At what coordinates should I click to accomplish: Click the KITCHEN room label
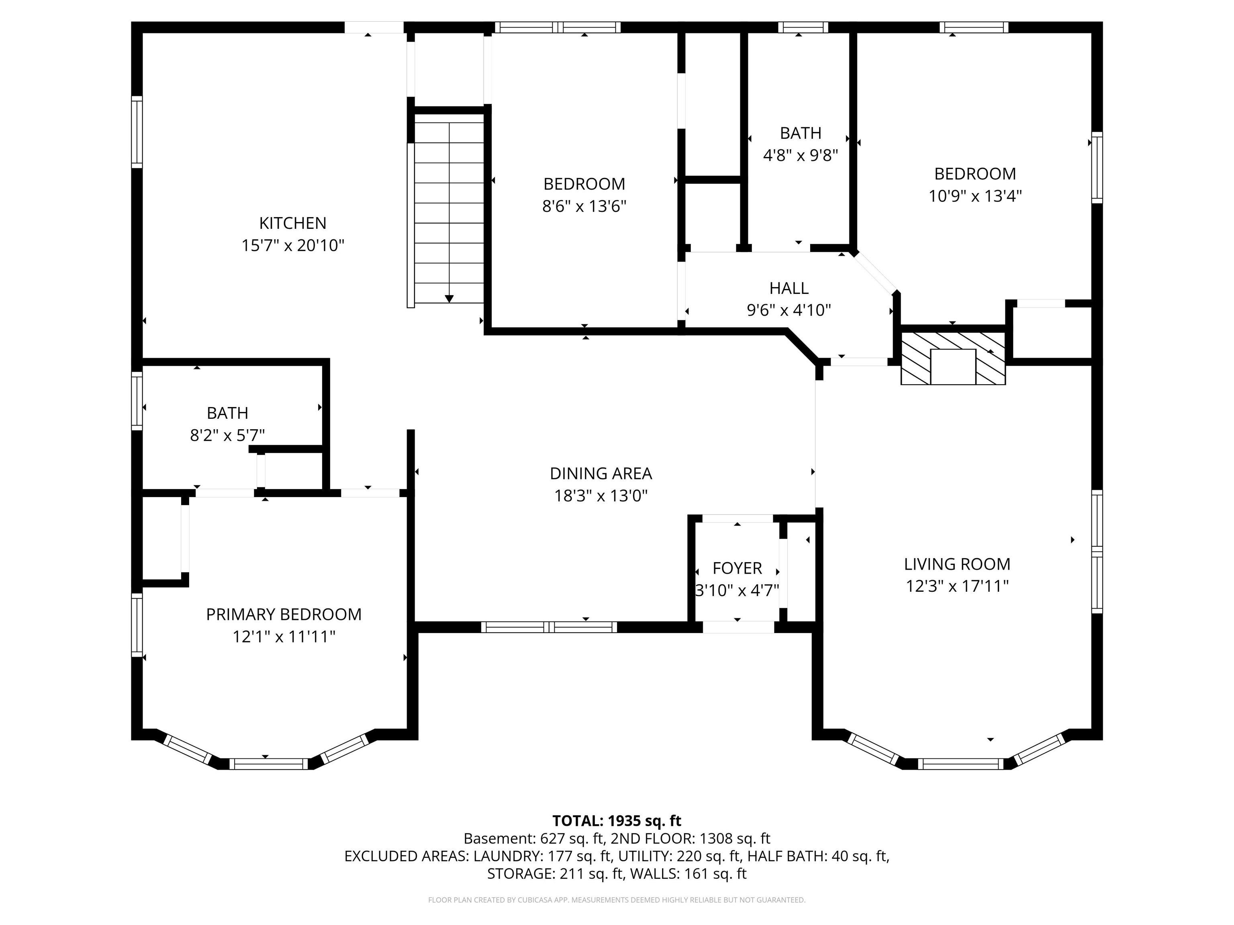click(x=292, y=223)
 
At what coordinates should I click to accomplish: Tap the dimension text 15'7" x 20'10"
click(x=292, y=245)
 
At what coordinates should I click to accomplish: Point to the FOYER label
click(x=737, y=568)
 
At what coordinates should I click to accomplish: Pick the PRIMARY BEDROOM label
click(x=284, y=614)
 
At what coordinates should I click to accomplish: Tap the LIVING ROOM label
click(x=957, y=564)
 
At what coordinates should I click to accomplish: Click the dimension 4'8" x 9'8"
click(x=800, y=155)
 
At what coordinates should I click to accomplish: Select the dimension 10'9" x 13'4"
click(x=975, y=196)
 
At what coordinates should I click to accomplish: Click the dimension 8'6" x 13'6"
click(x=584, y=206)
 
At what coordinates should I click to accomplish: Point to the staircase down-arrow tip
click(x=449, y=300)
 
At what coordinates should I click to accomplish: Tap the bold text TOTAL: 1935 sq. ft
click(x=617, y=821)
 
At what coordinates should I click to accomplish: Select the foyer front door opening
click(x=738, y=627)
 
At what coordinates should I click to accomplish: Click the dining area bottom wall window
click(x=549, y=627)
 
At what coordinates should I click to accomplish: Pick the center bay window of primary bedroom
click(x=268, y=764)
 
